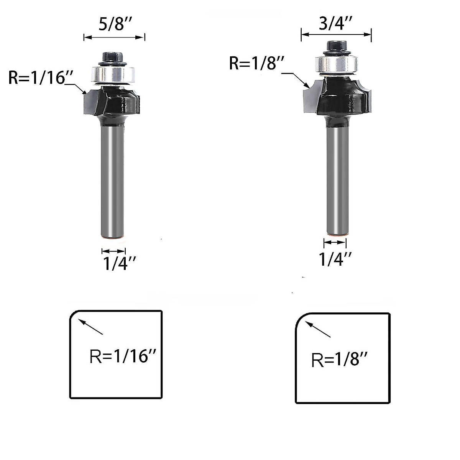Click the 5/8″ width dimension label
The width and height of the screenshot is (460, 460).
point(115,24)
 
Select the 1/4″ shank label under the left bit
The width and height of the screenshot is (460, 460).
point(119,263)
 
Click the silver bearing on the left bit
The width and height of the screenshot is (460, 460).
point(113,75)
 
